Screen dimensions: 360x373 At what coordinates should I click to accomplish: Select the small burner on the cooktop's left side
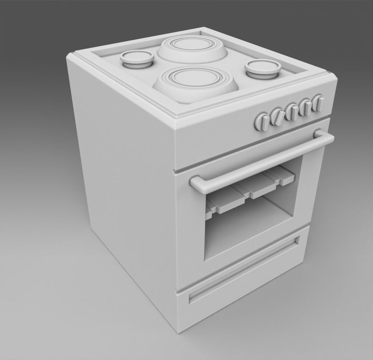point(136,58)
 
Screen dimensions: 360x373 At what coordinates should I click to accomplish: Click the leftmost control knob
point(262,122)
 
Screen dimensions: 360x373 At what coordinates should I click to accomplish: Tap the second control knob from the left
point(277,116)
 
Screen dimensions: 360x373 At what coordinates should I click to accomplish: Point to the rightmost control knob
point(318,103)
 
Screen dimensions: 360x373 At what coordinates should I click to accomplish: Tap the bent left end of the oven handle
point(197,184)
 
